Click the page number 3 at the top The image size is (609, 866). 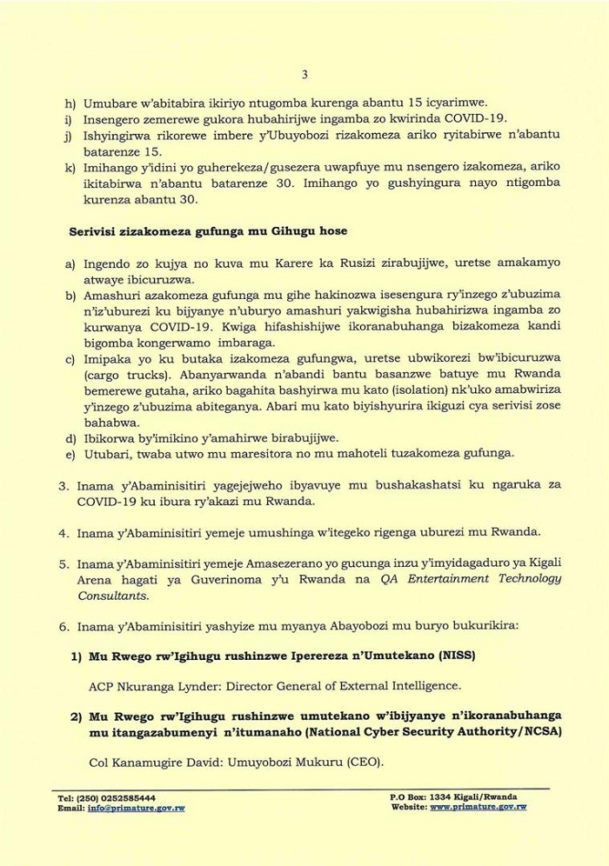[304, 74]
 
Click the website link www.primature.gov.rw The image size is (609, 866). [478, 807]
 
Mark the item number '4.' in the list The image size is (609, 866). [64, 531]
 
